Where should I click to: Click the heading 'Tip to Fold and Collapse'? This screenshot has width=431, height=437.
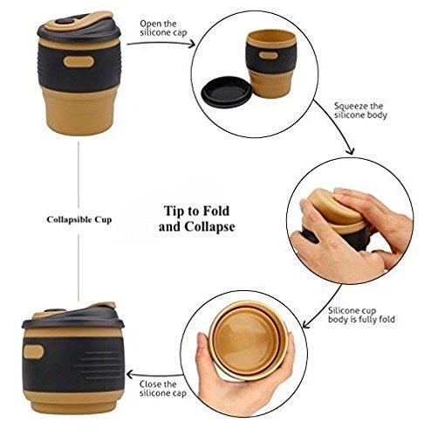tap(197, 218)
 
